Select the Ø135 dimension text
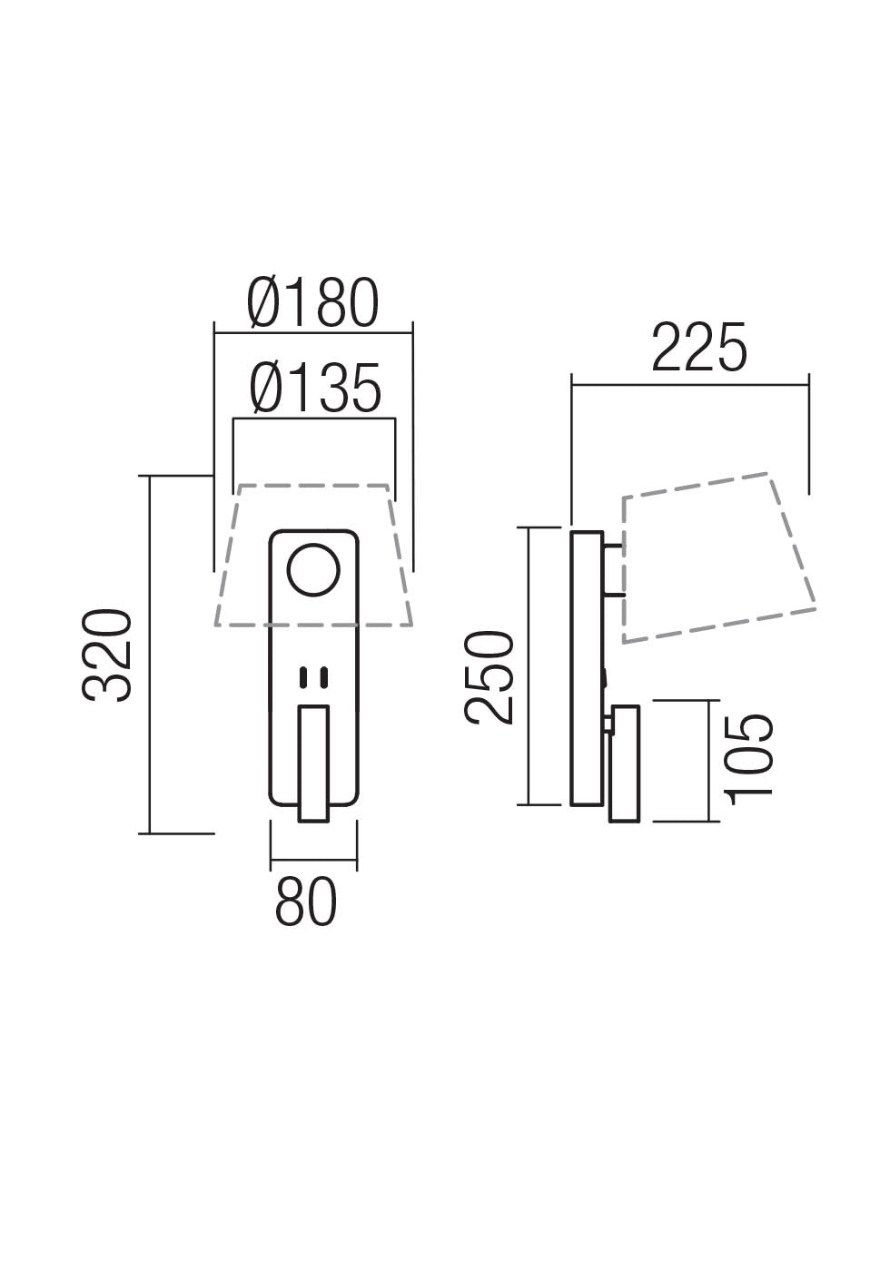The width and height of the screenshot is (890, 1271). pos(315,389)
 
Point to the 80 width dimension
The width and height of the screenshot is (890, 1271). pos(306,902)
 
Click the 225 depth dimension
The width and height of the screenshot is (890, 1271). pos(698,347)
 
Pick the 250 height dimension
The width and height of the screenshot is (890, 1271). pos(489,677)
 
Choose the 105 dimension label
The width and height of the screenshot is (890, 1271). pos(750,755)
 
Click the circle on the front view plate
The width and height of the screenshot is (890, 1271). pos(313,571)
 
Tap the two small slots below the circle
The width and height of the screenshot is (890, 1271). pos(313,676)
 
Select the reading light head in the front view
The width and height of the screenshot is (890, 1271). pos(314,763)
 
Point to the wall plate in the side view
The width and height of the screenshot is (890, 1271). pos(586,668)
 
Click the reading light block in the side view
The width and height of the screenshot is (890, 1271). pos(626,763)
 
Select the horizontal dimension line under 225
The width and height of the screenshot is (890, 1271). pos(690,385)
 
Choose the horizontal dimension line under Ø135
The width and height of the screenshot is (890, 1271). pos(314,419)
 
